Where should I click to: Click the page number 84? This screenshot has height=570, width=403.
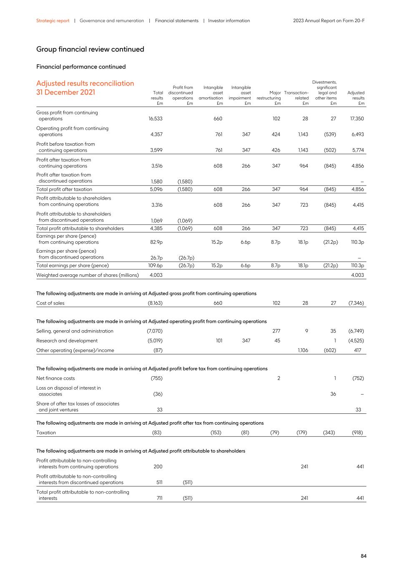point(363,556)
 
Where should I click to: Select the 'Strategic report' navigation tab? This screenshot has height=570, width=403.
point(53,20)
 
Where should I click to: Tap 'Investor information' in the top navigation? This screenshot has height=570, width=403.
point(229,20)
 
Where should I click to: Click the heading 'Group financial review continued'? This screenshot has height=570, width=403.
point(90,49)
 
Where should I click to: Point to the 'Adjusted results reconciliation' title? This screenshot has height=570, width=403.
point(85,84)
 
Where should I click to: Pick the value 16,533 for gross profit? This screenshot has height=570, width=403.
point(156,119)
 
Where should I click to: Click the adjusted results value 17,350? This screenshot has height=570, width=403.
point(357,119)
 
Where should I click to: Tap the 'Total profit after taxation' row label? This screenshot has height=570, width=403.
point(64,189)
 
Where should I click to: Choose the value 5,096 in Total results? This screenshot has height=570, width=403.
point(156,189)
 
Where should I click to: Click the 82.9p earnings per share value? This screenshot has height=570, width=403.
point(156,242)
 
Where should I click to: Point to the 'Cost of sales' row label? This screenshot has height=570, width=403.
point(50,303)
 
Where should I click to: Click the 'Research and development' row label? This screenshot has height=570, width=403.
point(67,341)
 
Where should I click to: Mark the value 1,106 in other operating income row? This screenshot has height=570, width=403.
point(303,350)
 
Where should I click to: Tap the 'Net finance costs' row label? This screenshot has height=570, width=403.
point(55,378)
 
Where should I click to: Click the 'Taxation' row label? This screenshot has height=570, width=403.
point(46,433)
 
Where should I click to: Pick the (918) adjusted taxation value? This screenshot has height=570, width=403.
point(357,433)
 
